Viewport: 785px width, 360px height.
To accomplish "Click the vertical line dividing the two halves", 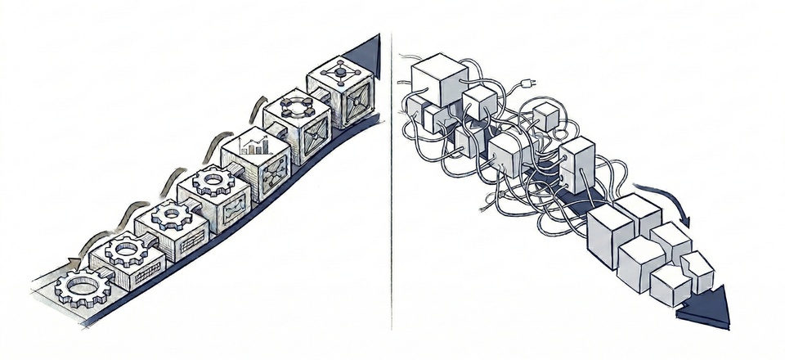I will (392, 180).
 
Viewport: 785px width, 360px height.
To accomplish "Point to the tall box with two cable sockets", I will (577, 163).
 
